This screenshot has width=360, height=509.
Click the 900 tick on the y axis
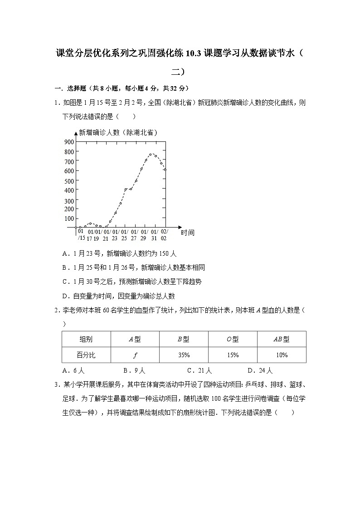[x=69, y=141]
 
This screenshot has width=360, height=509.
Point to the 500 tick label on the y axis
[x=69, y=181]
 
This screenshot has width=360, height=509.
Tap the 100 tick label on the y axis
[x=69, y=218]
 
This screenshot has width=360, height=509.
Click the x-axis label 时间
[x=188, y=233]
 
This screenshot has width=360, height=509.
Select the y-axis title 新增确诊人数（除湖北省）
[x=118, y=132]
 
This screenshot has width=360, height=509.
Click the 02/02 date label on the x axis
[x=164, y=234]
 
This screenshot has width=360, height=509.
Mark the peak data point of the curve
[x=151, y=154]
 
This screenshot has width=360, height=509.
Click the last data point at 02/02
[x=165, y=170]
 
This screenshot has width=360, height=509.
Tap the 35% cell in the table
[x=184, y=355]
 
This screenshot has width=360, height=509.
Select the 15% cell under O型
[x=233, y=355]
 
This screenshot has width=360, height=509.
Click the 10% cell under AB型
[x=282, y=355]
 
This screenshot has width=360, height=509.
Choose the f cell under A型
[x=135, y=355]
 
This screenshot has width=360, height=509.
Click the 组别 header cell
[x=86, y=339]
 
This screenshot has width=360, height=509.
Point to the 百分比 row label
[x=86, y=355]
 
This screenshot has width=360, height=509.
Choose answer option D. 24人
[x=260, y=370]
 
